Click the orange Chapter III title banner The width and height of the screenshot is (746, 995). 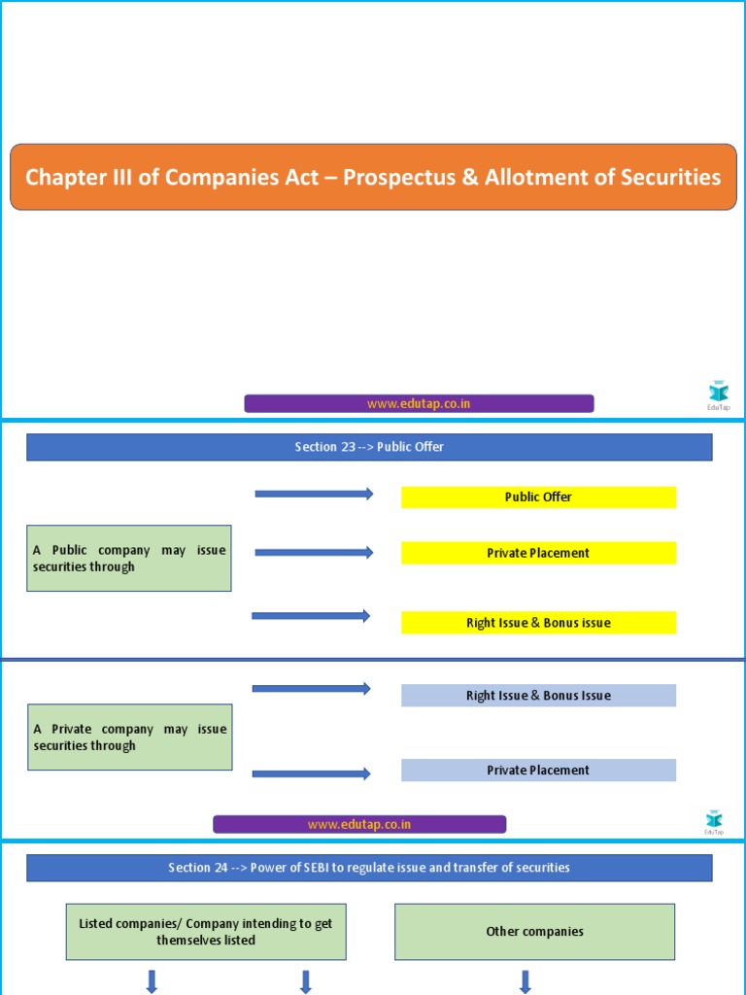(x=373, y=177)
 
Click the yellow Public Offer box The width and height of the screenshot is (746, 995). (x=538, y=497)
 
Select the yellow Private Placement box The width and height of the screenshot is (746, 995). (x=538, y=553)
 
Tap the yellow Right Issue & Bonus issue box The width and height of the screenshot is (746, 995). (x=538, y=623)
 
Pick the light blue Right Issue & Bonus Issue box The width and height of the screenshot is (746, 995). (x=538, y=696)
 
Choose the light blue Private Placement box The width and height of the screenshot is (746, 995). (x=538, y=771)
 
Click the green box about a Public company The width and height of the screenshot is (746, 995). (x=129, y=559)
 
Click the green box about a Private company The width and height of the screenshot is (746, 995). (x=129, y=738)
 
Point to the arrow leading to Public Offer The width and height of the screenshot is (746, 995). (x=314, y=495)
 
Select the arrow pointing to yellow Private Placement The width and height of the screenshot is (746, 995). (x=314, y=553)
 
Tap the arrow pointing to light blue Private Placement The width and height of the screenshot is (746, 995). (x=312, y=773)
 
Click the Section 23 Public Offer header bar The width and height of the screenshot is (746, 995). (x=369, y=447)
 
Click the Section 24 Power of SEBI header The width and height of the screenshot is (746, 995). (x=369, y=868)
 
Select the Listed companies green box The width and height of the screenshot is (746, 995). (x=206, y=932)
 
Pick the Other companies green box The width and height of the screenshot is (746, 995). (x=534, y=932)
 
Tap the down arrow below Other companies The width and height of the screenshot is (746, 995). (x=526, y=981)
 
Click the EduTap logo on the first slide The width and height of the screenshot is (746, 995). (x=718, y=394)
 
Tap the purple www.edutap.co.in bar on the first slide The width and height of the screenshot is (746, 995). (x=419, y=403)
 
